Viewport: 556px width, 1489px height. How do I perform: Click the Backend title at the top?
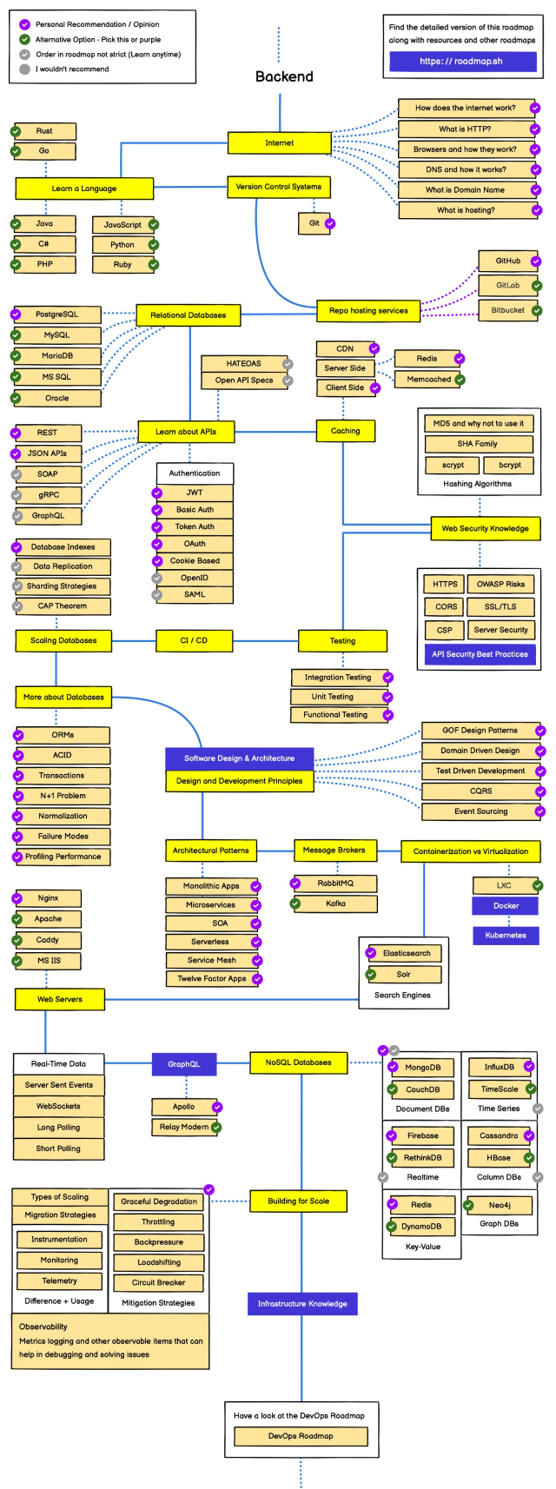point(284,76)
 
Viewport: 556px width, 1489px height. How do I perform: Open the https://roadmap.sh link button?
point(461,62)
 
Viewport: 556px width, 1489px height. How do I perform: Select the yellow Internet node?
point(279,142)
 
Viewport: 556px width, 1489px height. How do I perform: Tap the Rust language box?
point(44,131)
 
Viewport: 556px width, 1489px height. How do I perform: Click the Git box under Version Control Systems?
point(314,223)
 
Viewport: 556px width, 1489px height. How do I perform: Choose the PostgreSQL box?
point(57,314)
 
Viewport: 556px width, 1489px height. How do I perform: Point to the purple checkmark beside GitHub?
point(537,261)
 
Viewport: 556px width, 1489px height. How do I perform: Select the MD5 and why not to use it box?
point(478,424)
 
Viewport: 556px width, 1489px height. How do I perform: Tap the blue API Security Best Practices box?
point(480,654)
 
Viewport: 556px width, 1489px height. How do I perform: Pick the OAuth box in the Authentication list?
point(195,544)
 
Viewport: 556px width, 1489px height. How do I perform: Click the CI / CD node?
point(194,640)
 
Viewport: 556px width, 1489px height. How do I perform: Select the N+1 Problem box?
point(63,796)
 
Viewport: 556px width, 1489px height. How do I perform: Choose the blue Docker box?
point(506,906)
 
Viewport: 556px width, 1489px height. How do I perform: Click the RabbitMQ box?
point(335,883)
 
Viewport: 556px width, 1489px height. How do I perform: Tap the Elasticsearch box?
point(407,953)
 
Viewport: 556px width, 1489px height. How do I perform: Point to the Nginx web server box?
point(49,898)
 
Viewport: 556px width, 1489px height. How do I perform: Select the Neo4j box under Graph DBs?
point(499,1205)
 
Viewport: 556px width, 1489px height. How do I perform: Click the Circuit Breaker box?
point(158,1282)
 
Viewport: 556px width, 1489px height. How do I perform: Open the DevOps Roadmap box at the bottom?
point(301,1436)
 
